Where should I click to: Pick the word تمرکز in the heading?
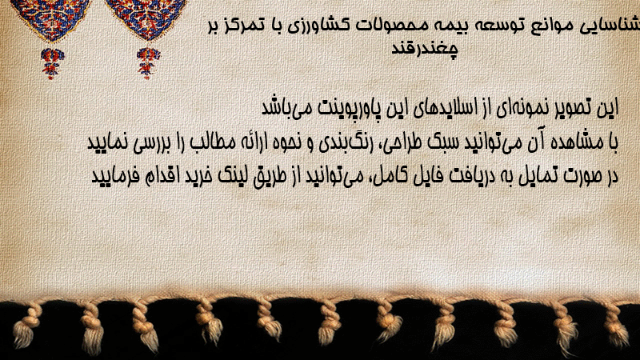[x=244, y=26]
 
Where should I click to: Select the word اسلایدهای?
[x=441, y=108]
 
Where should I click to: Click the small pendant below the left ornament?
[x=52, y=63]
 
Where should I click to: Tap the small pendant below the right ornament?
[x=148, y=63]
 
